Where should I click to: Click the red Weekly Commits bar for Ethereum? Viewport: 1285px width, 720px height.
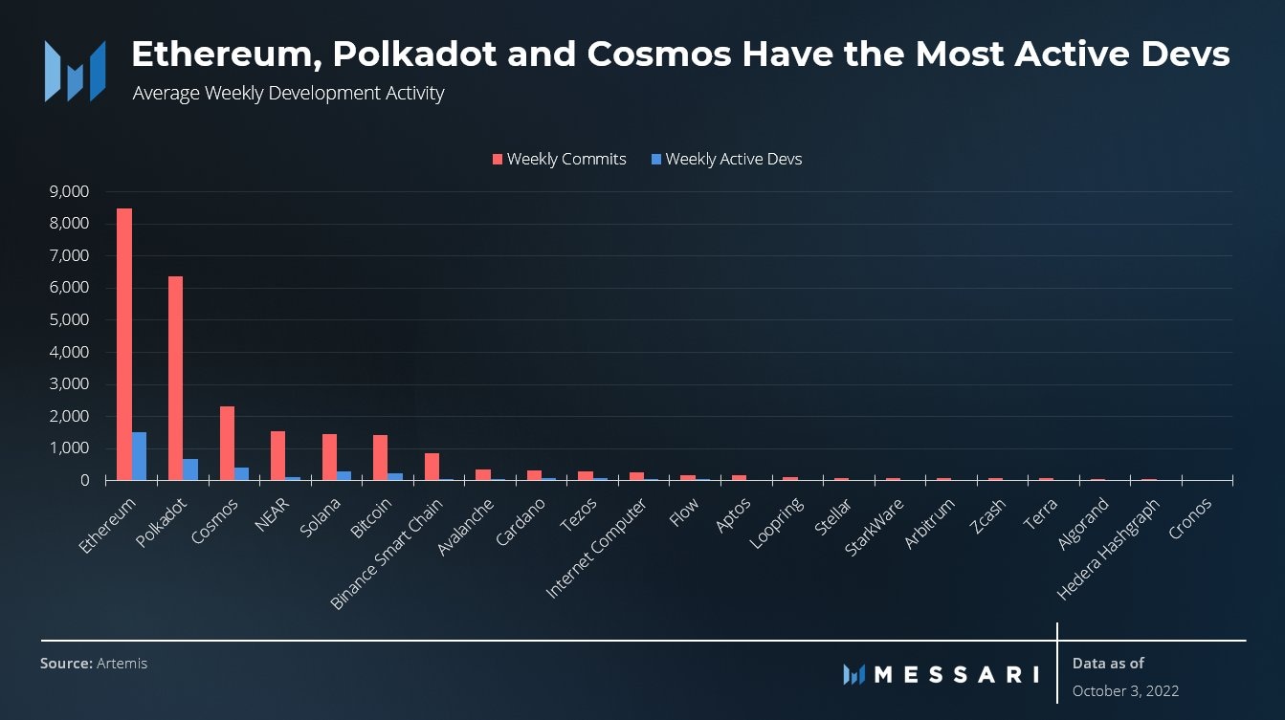(x=124, y=344)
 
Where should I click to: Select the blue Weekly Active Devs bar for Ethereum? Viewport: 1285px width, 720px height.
(x=140, y=456)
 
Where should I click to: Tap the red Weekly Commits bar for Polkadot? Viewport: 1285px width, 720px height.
(x=175, y=379)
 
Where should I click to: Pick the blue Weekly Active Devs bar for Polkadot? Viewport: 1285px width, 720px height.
(x=190, y=469)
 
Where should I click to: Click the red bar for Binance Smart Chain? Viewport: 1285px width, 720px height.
(x=432, y=467)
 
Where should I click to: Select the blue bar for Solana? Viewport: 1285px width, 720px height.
(x=344, y=475)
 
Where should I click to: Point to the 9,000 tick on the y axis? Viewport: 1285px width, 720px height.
(x=68, y=191)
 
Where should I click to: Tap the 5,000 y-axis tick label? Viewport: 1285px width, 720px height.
(x=68, y=319)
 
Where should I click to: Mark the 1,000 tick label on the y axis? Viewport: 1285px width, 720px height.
(x=68, y=448)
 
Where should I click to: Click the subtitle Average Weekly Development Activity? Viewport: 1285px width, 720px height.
(x=288, y=94)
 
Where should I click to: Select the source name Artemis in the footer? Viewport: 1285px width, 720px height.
(x=122, y=663)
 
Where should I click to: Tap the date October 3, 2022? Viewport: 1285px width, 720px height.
(x=1125, y=690)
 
